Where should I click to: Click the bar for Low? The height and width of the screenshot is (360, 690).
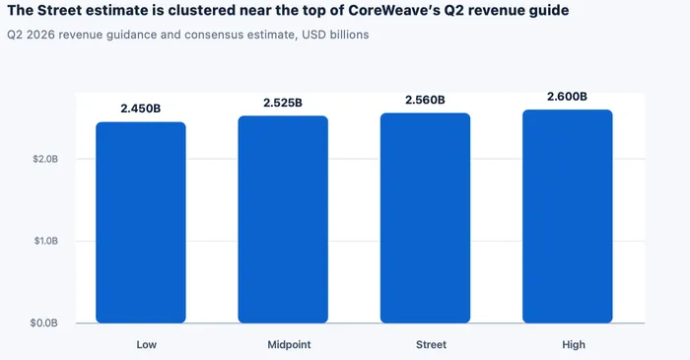141,223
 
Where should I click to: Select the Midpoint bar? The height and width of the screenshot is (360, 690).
283,220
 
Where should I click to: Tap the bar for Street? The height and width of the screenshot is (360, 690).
425,218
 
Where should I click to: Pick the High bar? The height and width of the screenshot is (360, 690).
567,217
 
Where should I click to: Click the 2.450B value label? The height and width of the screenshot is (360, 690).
141,108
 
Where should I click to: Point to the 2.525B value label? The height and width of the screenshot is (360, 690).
283,103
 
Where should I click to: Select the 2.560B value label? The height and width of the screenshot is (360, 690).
425,100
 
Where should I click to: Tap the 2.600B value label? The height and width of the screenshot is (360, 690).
567,97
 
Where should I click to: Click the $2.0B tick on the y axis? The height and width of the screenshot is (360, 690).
45,159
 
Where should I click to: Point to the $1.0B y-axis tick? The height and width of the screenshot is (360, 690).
46,242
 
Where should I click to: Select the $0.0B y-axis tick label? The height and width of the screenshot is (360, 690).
44,324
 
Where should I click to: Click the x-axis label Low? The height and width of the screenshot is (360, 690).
147,344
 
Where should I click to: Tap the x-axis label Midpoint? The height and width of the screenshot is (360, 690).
289,344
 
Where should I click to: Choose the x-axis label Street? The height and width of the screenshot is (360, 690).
432,344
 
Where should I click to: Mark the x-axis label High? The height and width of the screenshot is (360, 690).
574,344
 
